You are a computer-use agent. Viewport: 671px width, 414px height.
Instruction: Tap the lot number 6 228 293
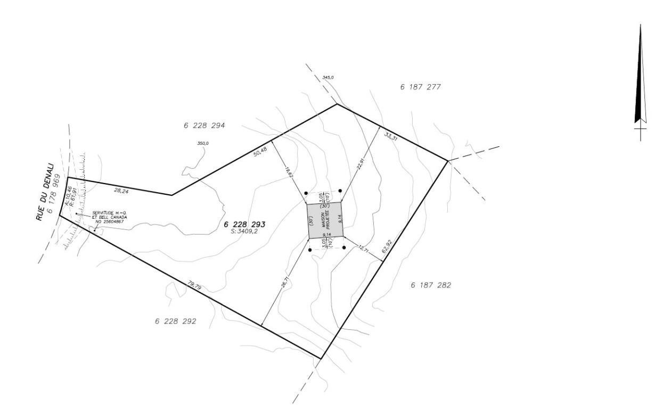(244, 225)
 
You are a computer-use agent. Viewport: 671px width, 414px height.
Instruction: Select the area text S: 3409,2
(244, 231)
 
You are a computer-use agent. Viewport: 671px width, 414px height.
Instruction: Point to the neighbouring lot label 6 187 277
(420, 86)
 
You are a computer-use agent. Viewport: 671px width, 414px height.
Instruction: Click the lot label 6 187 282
(431, 285)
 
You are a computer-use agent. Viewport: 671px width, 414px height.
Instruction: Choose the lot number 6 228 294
(204, 126)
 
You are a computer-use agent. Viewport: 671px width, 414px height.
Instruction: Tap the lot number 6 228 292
(176, 321)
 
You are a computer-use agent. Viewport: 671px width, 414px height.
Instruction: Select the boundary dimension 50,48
(260, 152)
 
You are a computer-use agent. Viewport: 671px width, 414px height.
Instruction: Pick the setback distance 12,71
(364, 249)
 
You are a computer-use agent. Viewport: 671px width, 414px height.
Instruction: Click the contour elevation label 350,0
(203, 143)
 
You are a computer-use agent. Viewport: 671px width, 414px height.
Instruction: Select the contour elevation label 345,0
(328, 78)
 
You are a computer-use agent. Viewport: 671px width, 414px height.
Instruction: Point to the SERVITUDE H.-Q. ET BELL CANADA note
(109, 217)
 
